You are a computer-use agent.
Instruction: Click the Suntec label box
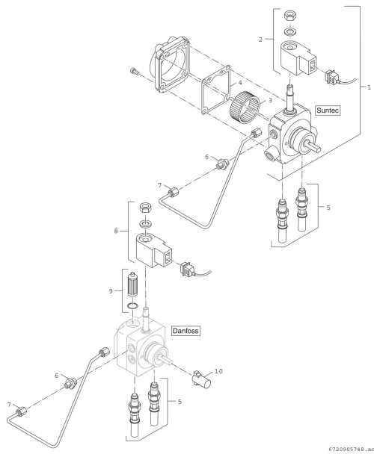point(328,111)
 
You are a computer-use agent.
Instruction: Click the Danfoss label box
point(186,331)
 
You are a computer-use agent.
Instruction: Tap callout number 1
point(369,87)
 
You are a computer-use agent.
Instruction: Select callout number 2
point(260,40)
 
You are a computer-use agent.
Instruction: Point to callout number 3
point(270,100)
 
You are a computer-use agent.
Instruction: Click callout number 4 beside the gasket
point(240,83)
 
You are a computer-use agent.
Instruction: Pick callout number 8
point(116,231)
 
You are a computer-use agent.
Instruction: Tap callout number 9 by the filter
point(111,290)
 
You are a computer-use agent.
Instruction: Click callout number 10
point(218,371)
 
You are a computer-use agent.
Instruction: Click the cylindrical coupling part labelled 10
point(202,379)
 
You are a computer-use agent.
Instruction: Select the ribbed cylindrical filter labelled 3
point(245,106)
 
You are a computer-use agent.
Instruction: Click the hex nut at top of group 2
point(289,16)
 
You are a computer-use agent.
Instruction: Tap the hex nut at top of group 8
point(145,208)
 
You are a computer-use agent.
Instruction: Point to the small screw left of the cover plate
point(134,71)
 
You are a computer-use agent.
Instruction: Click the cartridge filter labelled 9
point(132,284)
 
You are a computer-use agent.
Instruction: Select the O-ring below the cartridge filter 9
point(133,305)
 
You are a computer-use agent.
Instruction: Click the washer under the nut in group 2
point(289,31)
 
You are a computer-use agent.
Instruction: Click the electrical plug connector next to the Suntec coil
point(332,77)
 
